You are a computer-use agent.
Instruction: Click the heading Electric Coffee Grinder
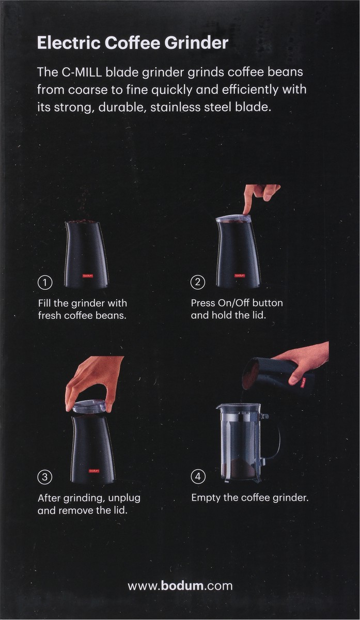(x=132, y=43)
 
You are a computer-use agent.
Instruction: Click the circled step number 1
(x=45, y=282)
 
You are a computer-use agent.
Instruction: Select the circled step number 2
(x=198, y=282)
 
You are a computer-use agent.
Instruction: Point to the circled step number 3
(x=45, y=477)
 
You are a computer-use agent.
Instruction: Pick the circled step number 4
(x=198, y=477)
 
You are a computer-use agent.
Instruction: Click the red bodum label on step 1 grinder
(x=86, y=275)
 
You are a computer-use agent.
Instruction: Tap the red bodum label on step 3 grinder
(x=94, y=471)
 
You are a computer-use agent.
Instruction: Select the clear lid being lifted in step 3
(x=89, y=407)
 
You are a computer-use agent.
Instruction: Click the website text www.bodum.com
(x=180, y=586)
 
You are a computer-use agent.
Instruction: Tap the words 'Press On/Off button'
(x=237, y=303)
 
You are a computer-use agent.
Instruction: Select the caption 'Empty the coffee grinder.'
(x=249, y=498)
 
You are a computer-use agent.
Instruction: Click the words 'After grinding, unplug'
(x=89, y=498)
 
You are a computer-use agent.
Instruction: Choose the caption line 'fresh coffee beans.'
(x=82, y=315)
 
